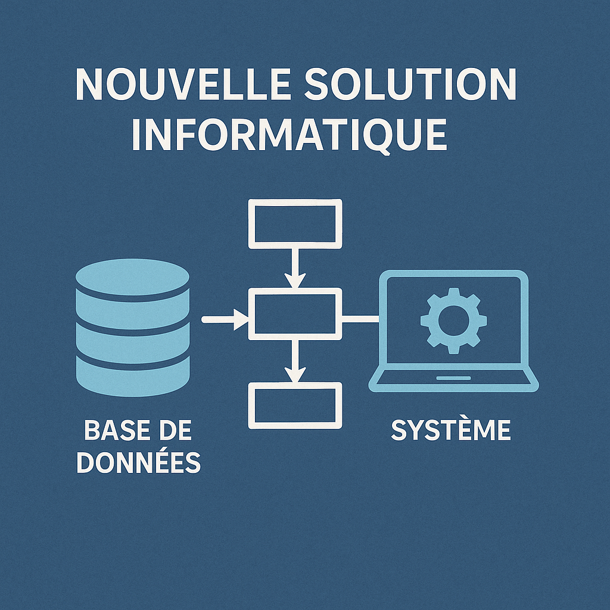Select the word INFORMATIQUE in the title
(x=290, y=134)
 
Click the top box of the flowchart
(x=295, y=223)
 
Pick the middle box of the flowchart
(x=295, y=313)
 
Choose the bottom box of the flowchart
(x=295, y=405)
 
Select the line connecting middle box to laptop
(x=361, y=319)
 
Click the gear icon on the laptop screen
(x=453, y=320)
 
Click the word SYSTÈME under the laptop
(x=451, y=430)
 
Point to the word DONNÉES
(x=139, y=463)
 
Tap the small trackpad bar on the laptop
(x=454, y=378)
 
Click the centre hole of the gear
(x=453, y=320)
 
